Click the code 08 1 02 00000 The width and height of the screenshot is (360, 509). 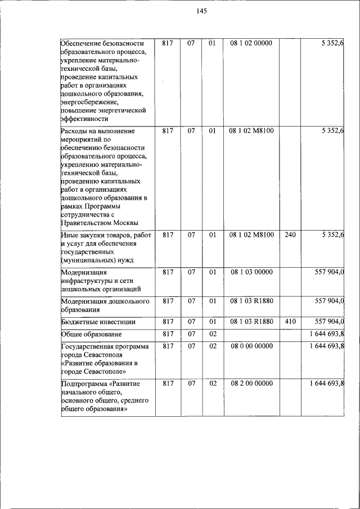pos(251,43)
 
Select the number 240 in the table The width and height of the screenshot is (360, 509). pos(290,235)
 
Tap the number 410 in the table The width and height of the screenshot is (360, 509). pos(290,322)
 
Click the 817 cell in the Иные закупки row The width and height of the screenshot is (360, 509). pos(167,235)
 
